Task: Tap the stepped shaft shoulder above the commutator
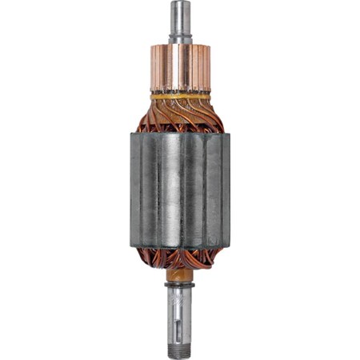tap(178, 35)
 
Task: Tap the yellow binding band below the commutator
tap(178, 95)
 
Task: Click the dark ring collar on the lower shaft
tap(179, 286)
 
